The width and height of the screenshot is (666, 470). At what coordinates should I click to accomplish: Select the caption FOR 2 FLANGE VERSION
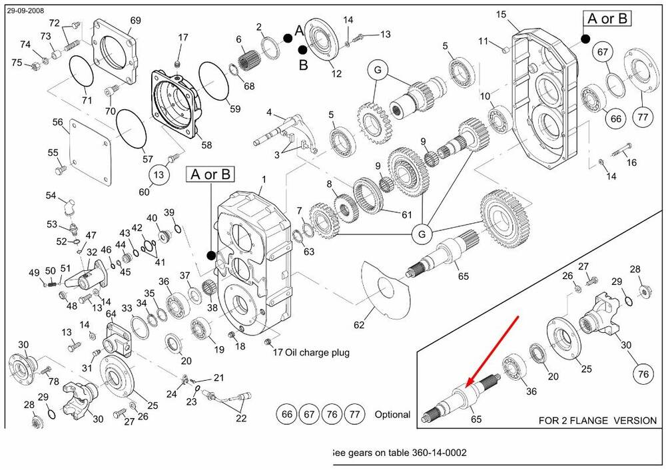597,421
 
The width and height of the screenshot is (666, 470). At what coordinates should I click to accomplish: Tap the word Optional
392,414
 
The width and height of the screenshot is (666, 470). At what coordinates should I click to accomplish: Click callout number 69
135,21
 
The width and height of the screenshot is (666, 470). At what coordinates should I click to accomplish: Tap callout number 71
86,100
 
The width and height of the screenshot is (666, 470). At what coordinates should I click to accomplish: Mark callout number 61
406,214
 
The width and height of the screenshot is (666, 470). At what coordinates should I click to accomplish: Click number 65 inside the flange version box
476,419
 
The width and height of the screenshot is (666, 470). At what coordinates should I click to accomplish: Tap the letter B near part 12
303,65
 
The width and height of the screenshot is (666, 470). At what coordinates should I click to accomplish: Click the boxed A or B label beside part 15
607,19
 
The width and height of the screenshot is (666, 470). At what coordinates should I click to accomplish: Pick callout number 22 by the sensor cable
240,417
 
